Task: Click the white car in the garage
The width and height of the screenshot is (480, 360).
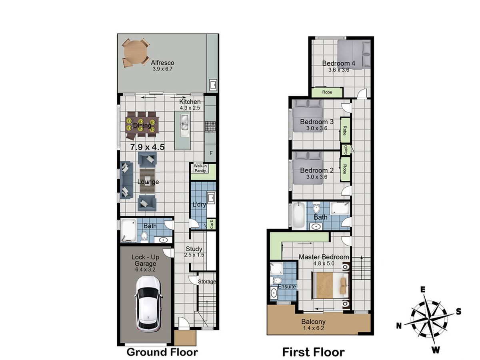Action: tap(148, 304)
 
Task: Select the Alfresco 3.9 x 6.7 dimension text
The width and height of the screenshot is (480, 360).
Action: tap(162, 69)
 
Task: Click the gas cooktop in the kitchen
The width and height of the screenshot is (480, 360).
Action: tap(210, 126)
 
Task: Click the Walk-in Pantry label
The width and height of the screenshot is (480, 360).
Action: tap(200, 168)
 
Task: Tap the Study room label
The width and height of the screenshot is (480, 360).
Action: tap(194, 249)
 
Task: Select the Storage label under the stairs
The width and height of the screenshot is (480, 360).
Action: tap(207, 282)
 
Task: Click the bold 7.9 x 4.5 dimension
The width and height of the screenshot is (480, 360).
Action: tap(147, 147)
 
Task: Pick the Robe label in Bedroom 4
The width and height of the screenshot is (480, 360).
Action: tap(327, 92)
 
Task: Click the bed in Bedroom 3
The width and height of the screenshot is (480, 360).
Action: tap(308, 116)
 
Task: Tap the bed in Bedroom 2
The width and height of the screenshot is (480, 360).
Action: tap(308, 168)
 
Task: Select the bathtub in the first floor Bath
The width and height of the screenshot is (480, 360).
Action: tap(298, 215)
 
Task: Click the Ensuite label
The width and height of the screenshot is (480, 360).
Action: tap(287, 286)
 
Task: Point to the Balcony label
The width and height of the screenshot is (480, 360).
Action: tap(313, 322)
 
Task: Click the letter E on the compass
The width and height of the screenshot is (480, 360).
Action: tap(423, 290)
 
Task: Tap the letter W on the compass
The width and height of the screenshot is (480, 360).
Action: tap(436, 350)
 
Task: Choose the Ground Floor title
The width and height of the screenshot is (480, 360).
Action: tap(162, 352)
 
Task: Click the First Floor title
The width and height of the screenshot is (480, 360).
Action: tap(313, 352)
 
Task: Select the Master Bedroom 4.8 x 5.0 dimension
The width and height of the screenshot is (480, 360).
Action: tap(324, 264)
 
